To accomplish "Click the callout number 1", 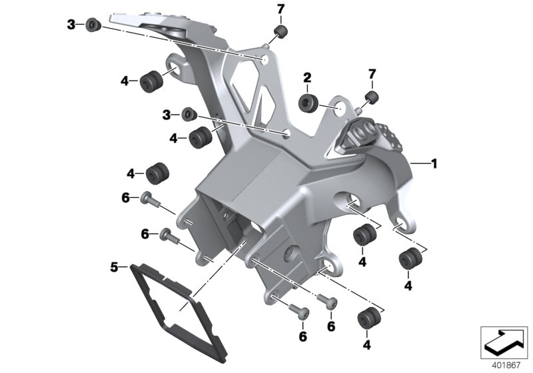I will pos(434,162).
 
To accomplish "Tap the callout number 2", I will pos(308,78).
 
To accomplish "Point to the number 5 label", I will pos(115,268).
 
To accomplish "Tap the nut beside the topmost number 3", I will pos(91,25).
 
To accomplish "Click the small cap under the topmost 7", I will pos(281,33).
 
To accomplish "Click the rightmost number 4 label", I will pos(407,286).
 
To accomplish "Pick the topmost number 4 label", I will pos(124,81).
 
